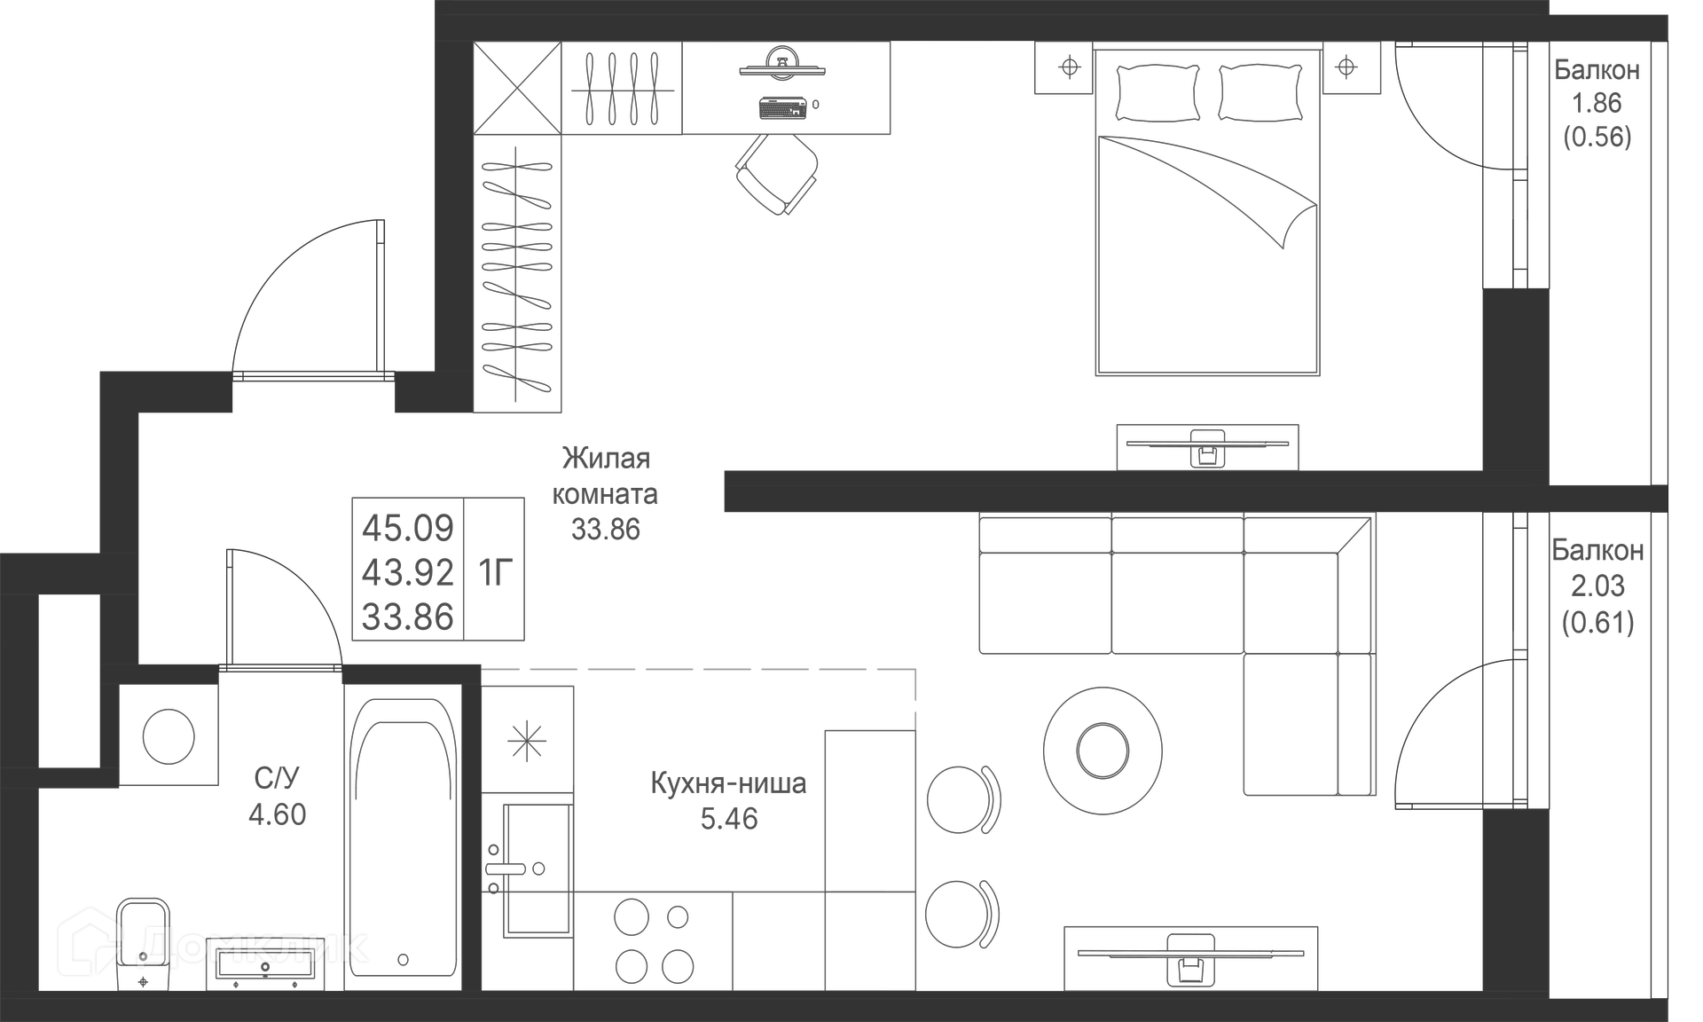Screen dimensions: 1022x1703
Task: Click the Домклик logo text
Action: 254,946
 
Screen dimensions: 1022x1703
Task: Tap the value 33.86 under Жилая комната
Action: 605,530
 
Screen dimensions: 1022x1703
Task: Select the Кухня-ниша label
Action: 728,783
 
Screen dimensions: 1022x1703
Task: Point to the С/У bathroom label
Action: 277,778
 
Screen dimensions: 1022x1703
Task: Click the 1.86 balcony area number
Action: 1597,103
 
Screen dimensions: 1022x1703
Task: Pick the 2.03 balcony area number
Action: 1597,586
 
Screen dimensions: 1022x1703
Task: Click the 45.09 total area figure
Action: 407,528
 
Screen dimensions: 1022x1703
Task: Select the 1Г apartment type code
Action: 495,573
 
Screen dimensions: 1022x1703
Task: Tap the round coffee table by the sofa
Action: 1103,751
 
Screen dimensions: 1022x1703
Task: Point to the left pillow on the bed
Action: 1158,92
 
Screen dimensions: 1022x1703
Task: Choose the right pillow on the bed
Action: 1260,92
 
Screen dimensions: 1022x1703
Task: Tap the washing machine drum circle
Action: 169,735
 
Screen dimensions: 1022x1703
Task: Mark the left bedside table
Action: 1069,67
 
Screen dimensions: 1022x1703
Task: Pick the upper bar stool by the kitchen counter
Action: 961,799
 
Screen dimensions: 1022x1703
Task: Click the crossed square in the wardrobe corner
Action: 517,88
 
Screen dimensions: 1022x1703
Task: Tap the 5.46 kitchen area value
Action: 729,819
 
